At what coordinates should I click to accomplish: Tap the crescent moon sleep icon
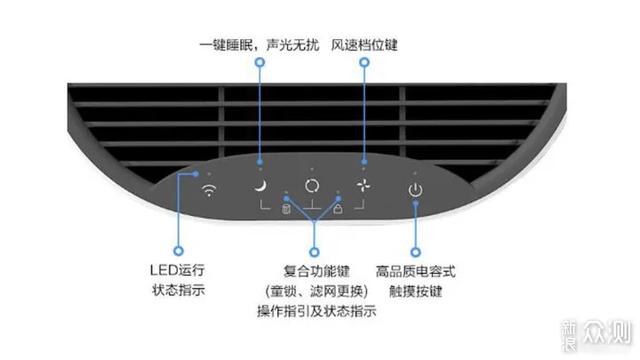[259, 187]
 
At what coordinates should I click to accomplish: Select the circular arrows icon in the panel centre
[312, 187]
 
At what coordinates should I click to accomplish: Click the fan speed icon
[364, 187]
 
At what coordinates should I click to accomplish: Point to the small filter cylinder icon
[286, 209]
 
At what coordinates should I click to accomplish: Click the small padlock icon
[338, 209]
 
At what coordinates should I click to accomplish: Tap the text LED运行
[178, 270]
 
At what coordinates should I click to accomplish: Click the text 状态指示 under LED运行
[178, 290]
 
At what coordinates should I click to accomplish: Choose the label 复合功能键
[316, 270]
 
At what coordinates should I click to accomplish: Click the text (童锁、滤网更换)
[316, 291]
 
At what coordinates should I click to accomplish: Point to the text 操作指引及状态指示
[316, 311]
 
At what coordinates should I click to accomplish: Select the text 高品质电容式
[416, 270]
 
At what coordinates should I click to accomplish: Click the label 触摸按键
[416, 291]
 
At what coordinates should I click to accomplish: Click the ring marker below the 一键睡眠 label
[260, 63]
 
